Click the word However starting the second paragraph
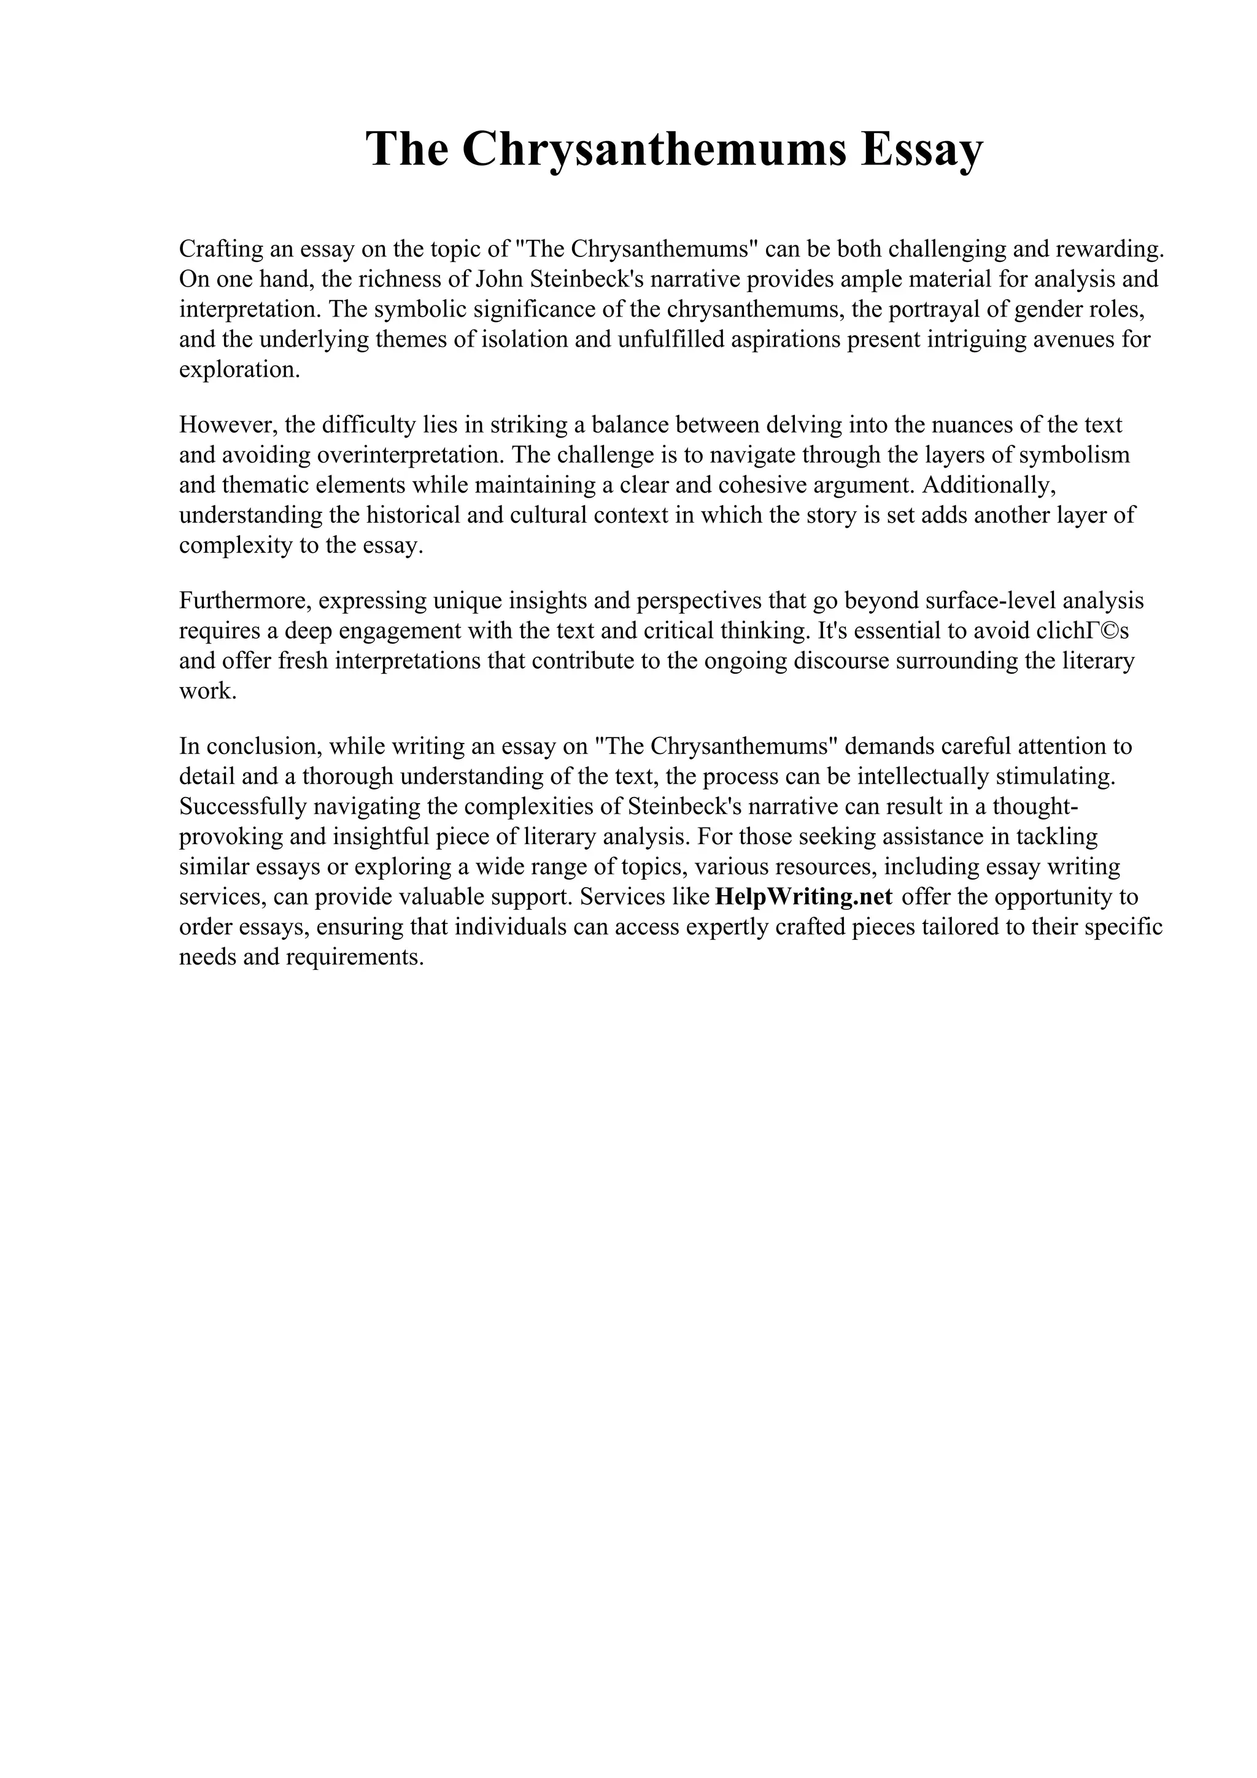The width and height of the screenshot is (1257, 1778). (228, 425)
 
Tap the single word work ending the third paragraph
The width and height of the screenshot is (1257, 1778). (206, 691)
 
